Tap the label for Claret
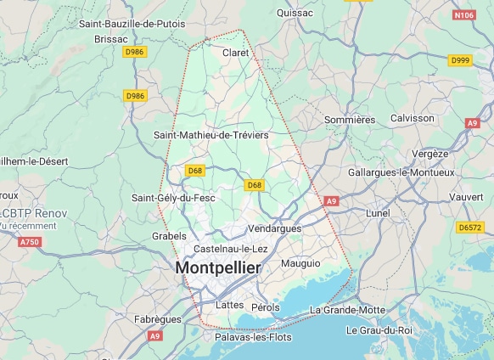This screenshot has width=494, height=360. [235, 53]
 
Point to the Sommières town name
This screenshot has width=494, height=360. [350, 120]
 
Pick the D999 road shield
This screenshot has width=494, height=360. [460, 60]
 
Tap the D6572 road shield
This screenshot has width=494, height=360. [469, 228]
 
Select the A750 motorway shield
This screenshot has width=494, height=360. [29, 242]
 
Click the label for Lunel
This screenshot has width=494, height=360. [377, 212]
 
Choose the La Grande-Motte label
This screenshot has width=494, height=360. [347, 310]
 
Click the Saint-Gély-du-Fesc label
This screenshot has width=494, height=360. [173, 198]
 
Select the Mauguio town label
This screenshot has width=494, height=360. [300, 263]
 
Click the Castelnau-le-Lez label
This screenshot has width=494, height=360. [231, 249]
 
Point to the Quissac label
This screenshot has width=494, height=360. [295, 13]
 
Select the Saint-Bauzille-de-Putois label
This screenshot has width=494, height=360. [132, 24]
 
